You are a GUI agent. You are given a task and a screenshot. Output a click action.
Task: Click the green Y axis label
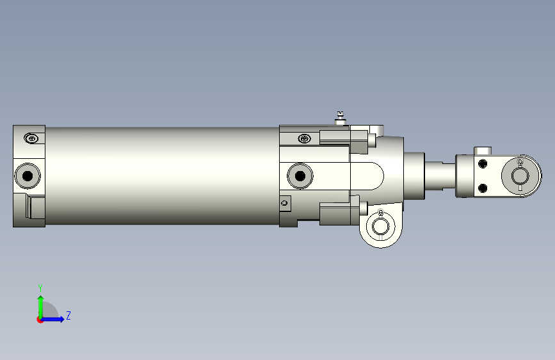click(40, 288)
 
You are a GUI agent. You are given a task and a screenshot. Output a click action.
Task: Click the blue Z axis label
click(68, 315)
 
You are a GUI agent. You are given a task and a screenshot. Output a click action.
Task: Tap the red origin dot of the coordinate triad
click(40, 320)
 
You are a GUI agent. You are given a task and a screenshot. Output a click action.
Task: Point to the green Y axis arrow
click(41, 307)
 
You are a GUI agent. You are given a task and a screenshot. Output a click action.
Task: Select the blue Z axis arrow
click(52, 319)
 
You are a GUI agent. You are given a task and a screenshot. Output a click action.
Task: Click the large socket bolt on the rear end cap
click(28, 176)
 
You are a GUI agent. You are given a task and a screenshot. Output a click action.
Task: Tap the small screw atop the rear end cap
click(31, 138)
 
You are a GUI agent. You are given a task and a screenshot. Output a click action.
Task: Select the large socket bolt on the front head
click(300, 176)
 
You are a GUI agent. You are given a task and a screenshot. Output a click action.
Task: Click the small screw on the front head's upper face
click(305, 138)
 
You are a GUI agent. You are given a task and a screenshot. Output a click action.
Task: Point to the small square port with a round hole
click(285, 204)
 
